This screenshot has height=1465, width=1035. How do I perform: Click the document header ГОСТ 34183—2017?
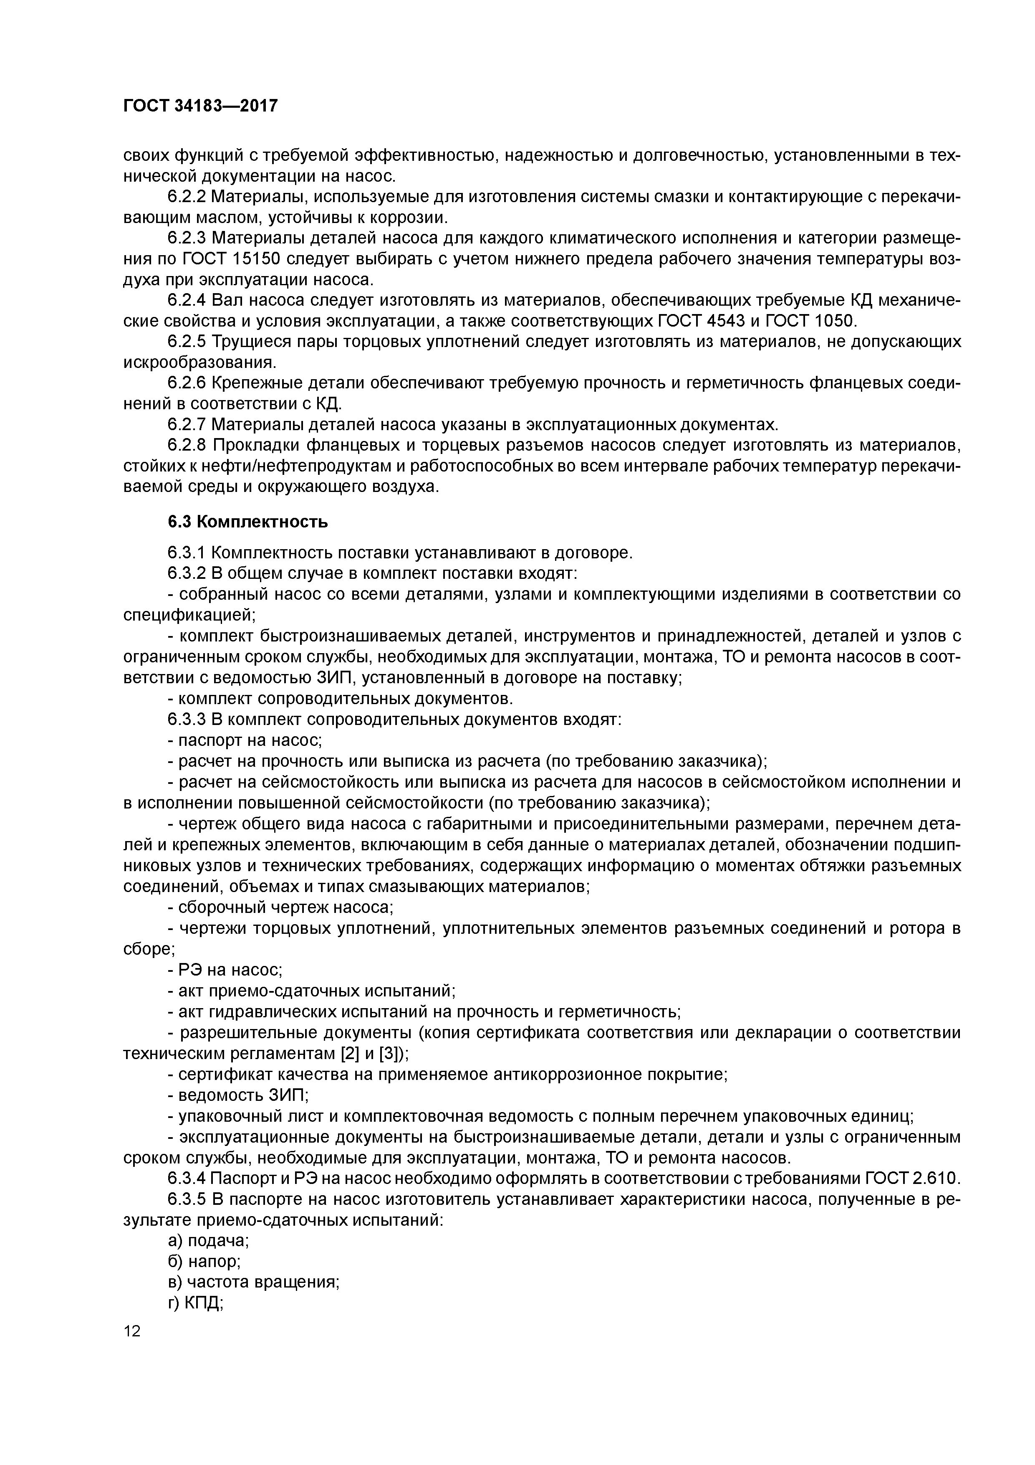click(200, 105)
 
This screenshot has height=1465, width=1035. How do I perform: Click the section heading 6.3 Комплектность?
click(247, 522)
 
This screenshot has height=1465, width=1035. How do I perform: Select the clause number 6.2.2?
click(187, 197)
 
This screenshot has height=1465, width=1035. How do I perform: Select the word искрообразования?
click(199, 363)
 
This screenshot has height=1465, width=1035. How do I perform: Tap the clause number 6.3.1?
click(187, 553)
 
